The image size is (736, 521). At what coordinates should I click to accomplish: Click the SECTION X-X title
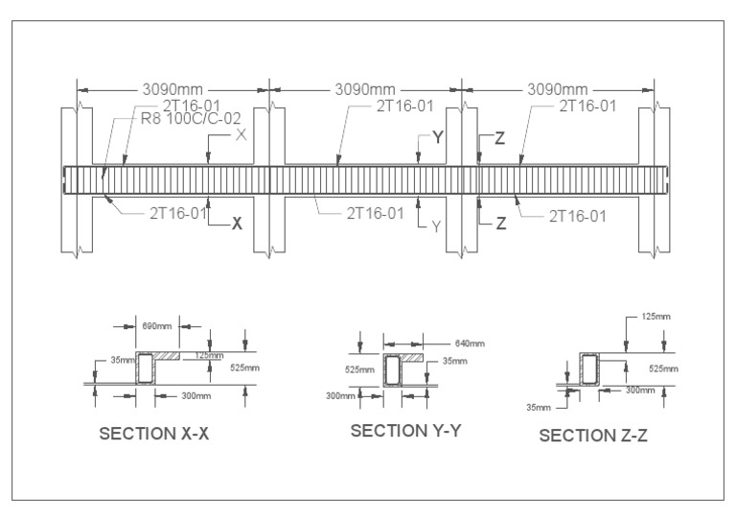[154, 434]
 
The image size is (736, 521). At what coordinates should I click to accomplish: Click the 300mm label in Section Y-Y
[338, 394]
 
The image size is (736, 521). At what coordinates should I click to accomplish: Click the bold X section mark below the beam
[237, 221]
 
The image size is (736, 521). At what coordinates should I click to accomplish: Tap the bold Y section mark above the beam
[438, 137]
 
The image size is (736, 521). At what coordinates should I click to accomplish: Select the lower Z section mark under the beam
[500, 223]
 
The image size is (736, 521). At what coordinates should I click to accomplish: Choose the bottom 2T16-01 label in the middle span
[375, 213]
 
